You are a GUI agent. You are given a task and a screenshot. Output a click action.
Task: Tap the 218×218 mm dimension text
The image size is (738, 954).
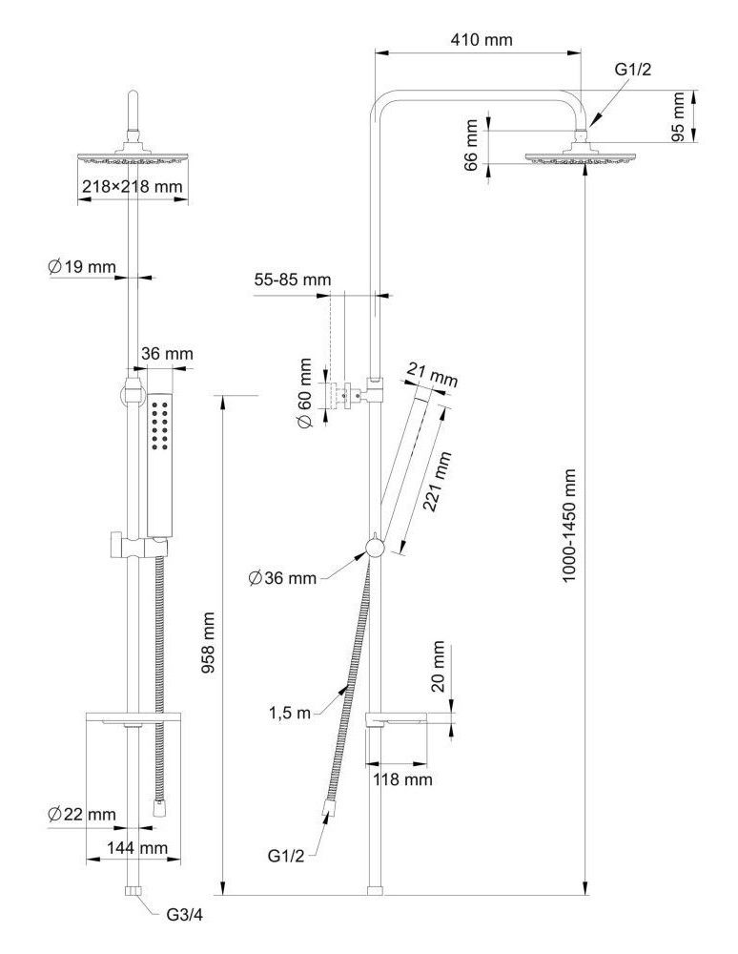(132, 187)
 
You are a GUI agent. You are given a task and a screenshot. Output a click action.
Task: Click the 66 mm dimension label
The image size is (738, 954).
(471, 145)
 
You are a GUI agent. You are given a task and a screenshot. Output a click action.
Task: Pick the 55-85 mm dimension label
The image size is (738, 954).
(293, 280)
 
